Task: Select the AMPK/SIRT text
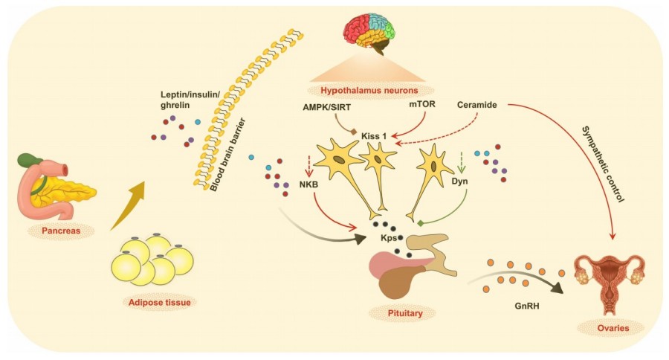coord(327,106)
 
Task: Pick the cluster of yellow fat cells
coord(152,260)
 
